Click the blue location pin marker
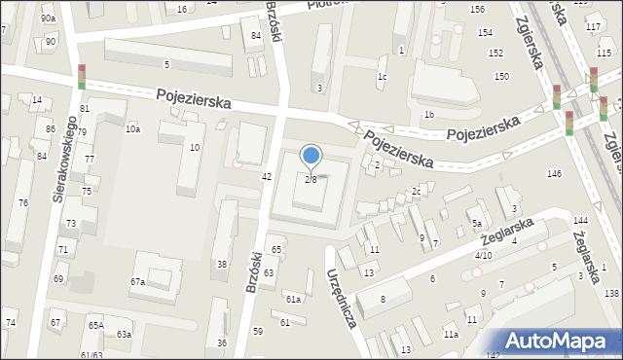click(311, 157)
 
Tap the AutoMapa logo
click(561, 341)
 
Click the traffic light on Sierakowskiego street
click(82, 75)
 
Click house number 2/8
click(311, 179)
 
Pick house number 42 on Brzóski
click(267, 176)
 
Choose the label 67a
click(138, 282)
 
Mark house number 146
click(554, 174)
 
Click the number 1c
click(383, 77)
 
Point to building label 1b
click(428, 115)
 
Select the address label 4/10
click(483, 255)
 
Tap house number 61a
click(293, 299)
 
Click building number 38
click(222, 265)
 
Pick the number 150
click(501, 76)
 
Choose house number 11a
click(451, 335)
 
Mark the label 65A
click(95, 326)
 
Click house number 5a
click(478, 224)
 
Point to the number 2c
click(416, 191)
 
